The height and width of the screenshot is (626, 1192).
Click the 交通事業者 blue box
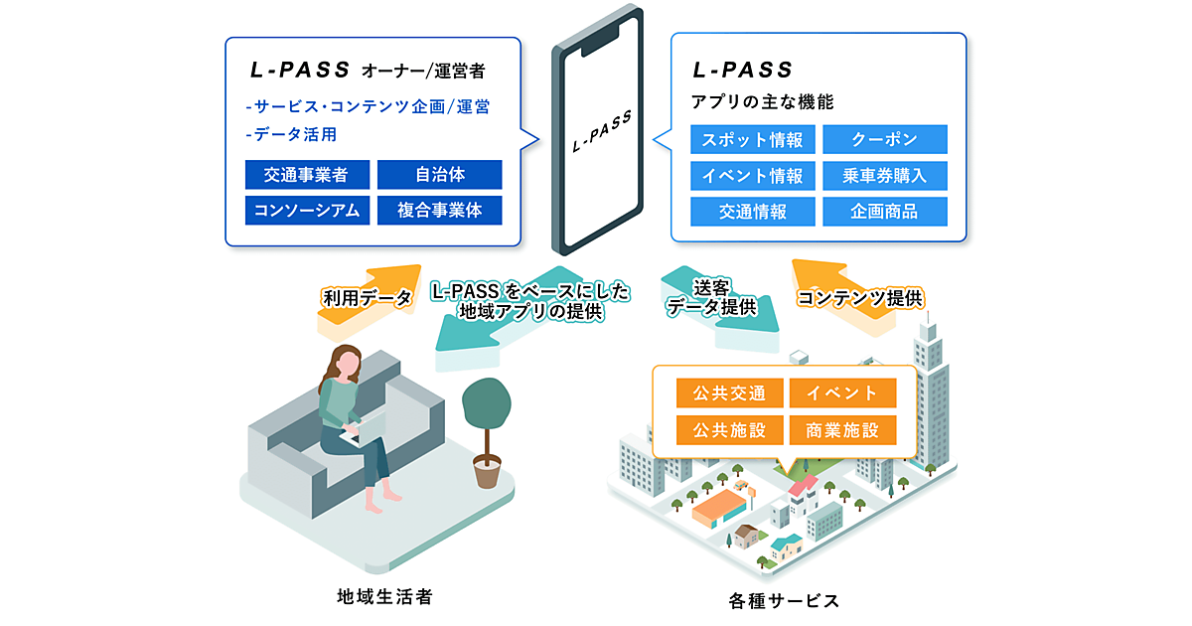point(306,175)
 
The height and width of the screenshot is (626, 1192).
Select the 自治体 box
point(439,175)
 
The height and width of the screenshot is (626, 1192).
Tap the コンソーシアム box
point(306,210)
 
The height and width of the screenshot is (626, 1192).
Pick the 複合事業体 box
point(439,210)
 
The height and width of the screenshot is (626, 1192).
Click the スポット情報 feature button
point(752,139)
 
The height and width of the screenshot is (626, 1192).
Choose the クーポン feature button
point(884,139)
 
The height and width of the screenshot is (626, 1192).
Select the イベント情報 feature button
point(752,176)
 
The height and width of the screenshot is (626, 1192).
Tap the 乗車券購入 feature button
point(884,176)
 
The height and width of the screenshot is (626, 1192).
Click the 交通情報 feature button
point(752,211)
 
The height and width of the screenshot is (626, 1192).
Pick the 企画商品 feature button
point(884,211)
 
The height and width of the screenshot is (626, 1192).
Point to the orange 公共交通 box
point(729,392)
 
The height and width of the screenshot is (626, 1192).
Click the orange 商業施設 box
point(842,429)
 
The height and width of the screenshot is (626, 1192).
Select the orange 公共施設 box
point(729,429)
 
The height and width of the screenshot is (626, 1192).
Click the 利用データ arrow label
point(367,297)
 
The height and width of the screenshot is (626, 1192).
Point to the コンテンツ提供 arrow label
point(860,297)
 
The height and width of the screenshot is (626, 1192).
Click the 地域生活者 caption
point(384,597)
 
